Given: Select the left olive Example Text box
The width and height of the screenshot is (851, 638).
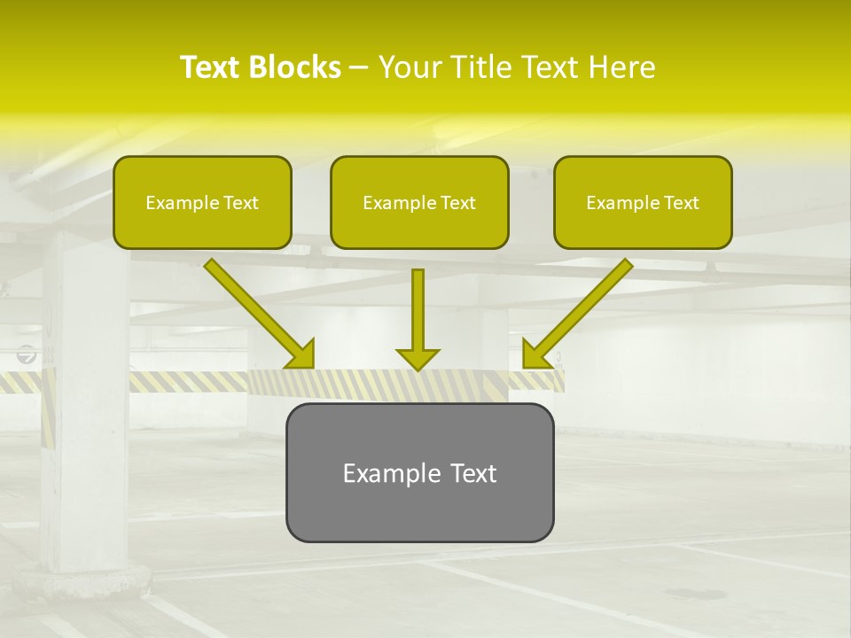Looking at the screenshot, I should tap(202, 203).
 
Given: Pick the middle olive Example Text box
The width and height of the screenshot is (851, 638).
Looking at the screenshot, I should tap(419, 203).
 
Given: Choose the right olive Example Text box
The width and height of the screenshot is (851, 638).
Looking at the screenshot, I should tap(643, 203).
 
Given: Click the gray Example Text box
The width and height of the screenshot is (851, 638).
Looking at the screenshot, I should tap(419, 472).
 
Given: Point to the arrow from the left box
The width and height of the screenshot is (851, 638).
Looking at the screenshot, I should tap(257, 312).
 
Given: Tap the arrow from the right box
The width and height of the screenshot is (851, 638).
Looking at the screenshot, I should tap(579, 312).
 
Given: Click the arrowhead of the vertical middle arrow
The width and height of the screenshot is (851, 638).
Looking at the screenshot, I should tap(418, 358).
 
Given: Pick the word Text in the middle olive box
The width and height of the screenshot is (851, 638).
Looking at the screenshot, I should tap(457, 203).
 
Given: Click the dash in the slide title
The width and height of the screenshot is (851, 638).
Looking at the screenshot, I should tap(359, 67).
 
